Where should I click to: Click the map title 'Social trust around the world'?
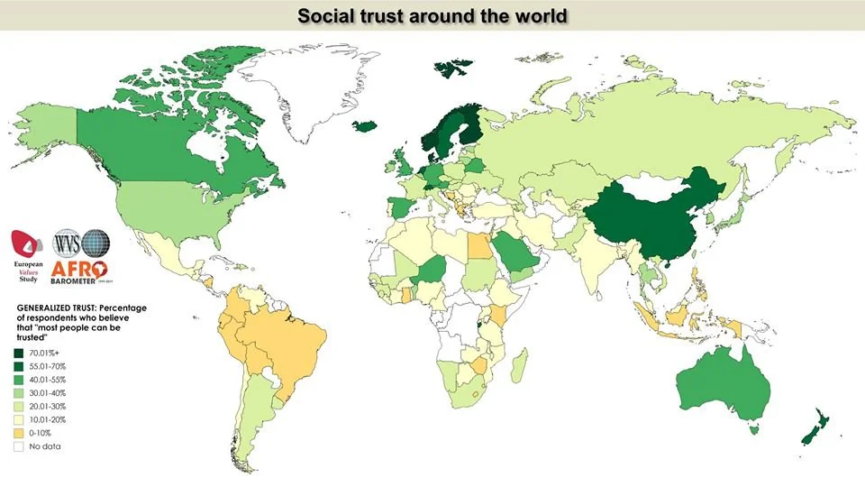tap(432, 16)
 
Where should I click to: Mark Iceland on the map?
tap(366, 126)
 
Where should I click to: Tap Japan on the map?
tap(738, 213)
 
